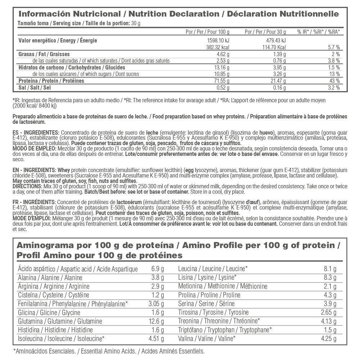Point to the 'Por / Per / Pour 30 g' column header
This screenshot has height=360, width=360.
pos(265,32)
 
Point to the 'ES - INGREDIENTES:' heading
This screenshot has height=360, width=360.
pos(35,132)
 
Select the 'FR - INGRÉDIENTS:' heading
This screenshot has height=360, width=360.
pos(34,202)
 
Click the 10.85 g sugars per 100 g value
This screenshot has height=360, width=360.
pos(221,74)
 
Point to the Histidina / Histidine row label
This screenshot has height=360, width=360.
pos(55,330)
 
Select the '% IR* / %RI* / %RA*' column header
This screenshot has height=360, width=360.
pos(318,32)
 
